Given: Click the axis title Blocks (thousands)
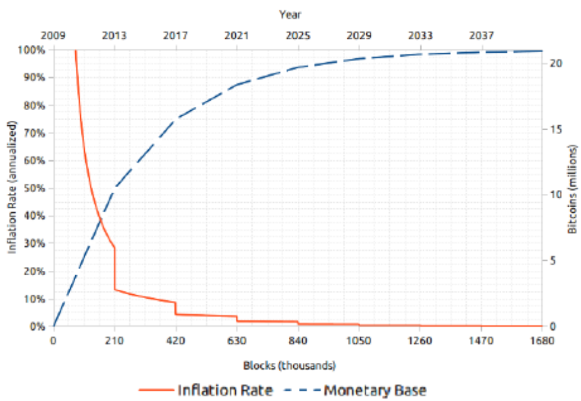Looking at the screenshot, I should [289, 366].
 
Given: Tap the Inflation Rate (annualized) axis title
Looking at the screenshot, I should [12, 188].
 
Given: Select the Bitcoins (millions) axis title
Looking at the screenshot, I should [573, 188].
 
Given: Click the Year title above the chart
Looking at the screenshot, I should [290, 14].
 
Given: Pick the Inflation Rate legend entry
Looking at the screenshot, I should [225, 390].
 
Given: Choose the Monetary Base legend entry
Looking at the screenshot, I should [375, 390].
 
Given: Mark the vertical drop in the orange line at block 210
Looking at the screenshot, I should [115, 269].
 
